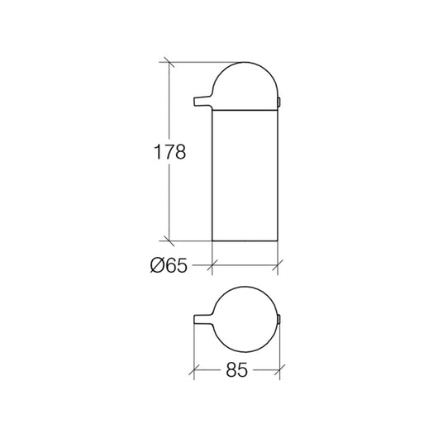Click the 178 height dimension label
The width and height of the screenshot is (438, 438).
tap(170, 152)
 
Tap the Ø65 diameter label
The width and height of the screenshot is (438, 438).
tap(169, 265)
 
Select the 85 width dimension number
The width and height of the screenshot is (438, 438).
tap(237, 370)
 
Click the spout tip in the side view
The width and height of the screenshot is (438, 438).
tap(195, 102)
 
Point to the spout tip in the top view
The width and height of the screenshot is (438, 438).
tap(195, 320)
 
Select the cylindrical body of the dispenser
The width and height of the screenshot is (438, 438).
tap(245, 175)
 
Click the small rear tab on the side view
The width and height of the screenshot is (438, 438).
tap(279, 102)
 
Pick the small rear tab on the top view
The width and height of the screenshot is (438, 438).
tap(279, 319)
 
